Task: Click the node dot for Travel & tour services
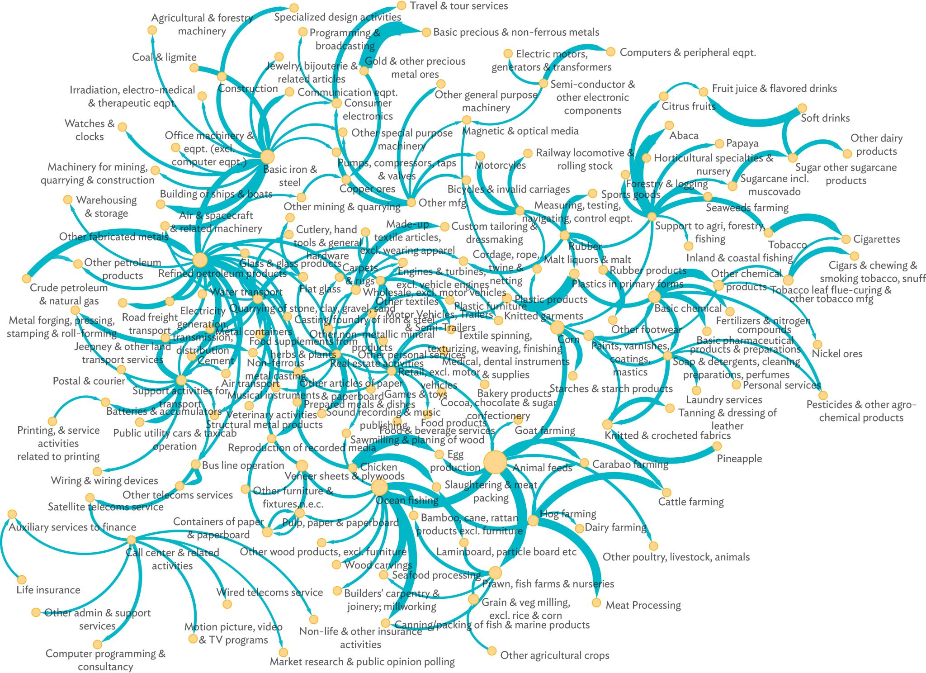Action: [x=402, y=5]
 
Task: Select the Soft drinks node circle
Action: [x=802, y=108]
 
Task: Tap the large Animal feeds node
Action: [x=495, y=462]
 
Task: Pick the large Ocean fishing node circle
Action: [x=379, y=488]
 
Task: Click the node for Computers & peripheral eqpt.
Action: [x=610, y=52]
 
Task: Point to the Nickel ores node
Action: [x=817, y=344]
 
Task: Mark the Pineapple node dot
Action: [x=717, y=446]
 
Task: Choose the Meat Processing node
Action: [x=596, y=603]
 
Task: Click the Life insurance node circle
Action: [x=22, y=580]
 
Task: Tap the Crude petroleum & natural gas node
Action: [x=27, y=278]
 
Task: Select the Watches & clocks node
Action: [x=122, y=127]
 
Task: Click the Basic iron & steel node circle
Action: [x=268, y=156]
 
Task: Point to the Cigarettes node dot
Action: [x=846, y=238]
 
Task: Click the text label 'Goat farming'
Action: [x=544, y=431]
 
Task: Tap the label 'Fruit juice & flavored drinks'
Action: [x=774, y=89]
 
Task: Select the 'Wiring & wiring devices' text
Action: [x=104, y=480]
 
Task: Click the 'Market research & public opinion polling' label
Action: [x=362, y=662]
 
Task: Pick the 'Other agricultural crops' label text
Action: [x=554, y=655]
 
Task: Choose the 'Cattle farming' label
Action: [x=691, y=502]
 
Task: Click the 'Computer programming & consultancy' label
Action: [x=105, y=660]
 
